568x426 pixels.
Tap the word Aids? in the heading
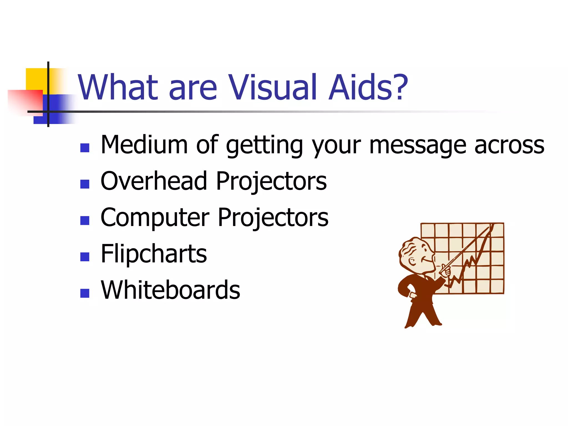pos(368,88)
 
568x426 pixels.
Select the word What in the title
pos(118,88)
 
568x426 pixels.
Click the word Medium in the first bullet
pos(144,145)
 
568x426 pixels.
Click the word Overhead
pos(154,181)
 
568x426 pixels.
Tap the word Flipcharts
pos(154,254)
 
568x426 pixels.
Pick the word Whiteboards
pos(170,290)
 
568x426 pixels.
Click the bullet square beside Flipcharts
pos(85,257)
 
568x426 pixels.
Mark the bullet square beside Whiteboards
pos(85,293)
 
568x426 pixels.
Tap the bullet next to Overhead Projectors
pos(85,184)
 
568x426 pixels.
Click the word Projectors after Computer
pos(273,218)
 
